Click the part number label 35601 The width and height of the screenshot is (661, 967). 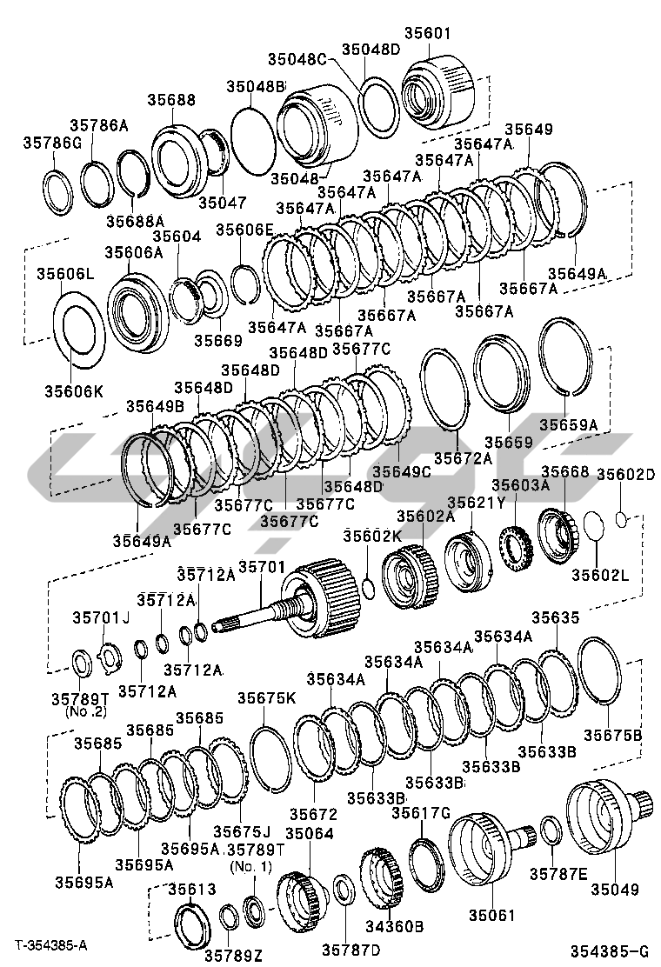tap(427, 34)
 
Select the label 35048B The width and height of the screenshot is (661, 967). tap(257, 87)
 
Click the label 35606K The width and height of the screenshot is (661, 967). tap(74, 391)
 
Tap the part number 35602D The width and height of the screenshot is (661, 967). tap(625, 474)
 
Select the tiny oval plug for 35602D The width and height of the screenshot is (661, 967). tap(621, 519)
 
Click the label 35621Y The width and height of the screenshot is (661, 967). tap(476, 503)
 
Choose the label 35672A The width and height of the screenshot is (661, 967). tap(462, 457)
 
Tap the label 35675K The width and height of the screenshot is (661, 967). tap(267, 697)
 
